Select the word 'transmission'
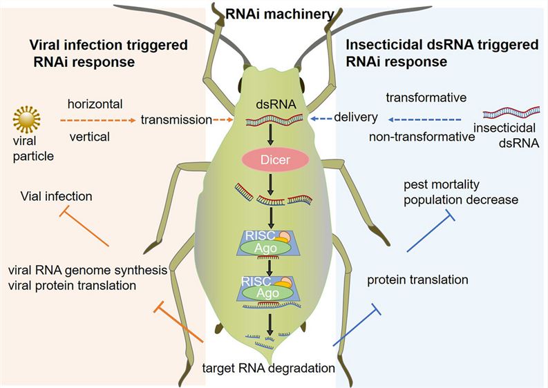click(x=176, y=119)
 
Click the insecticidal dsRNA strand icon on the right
click(x=513, y=113)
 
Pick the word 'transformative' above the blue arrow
click(x=426, y=97)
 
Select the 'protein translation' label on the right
click(x=418, y=280)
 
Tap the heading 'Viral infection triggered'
click(x=108, y=46)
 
